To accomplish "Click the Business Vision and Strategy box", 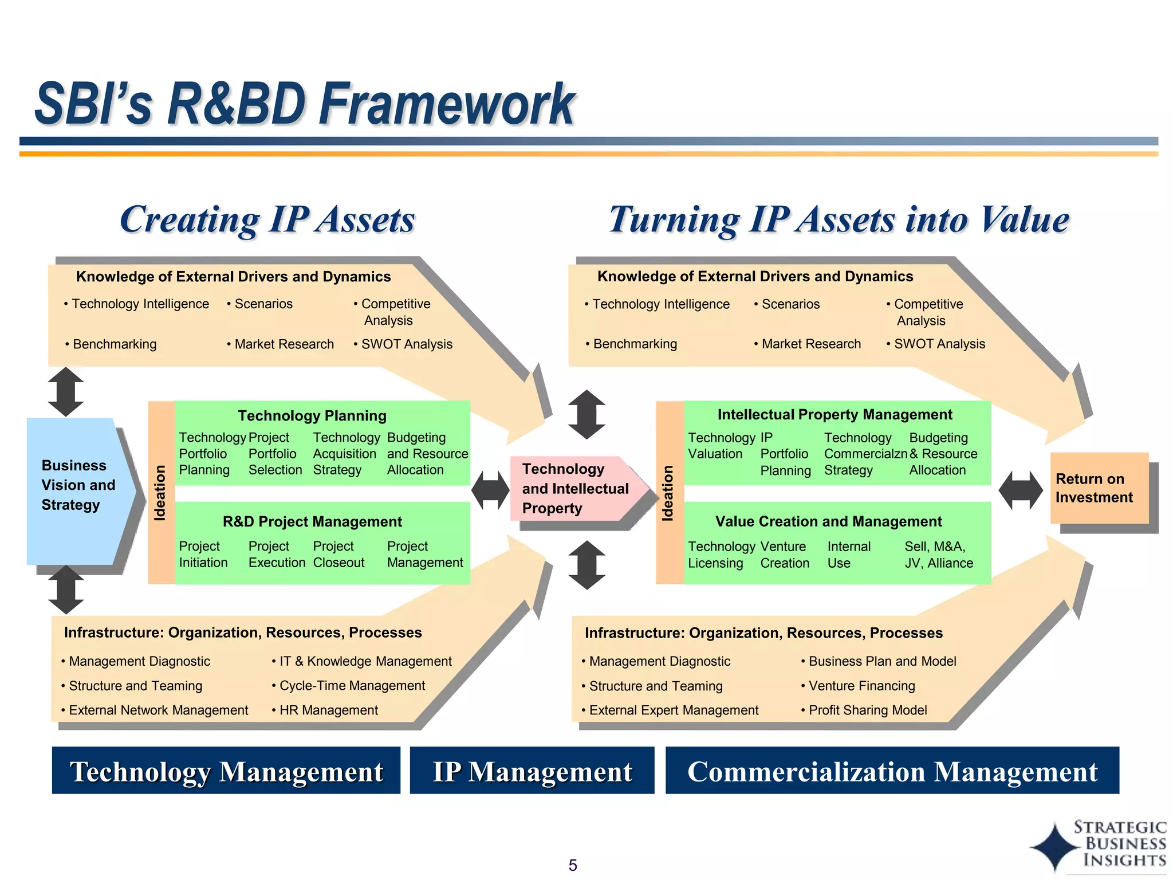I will (77, 486).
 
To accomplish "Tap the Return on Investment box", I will (1099, 488).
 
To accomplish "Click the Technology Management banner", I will (226, 771).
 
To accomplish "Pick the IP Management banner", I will (532, 771).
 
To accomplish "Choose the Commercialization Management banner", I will (892, 771).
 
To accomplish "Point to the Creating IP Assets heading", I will (267, 219).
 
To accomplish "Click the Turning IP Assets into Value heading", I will (839, 219).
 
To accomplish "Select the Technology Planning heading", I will (312, 415).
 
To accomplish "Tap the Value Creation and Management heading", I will (828, 521).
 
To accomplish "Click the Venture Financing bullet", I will (861, 686).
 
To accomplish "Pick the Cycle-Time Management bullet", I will (352, 686).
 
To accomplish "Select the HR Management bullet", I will (328, 710).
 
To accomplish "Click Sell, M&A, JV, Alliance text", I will (938, 555).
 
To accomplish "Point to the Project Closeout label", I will (338, 555).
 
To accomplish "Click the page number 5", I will (573, 865).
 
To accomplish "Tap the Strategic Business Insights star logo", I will (1055, 847).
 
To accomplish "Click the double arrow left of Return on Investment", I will (1021, 490).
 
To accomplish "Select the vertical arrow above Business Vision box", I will (66, 392).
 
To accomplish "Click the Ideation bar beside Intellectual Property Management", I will (669, 493).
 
